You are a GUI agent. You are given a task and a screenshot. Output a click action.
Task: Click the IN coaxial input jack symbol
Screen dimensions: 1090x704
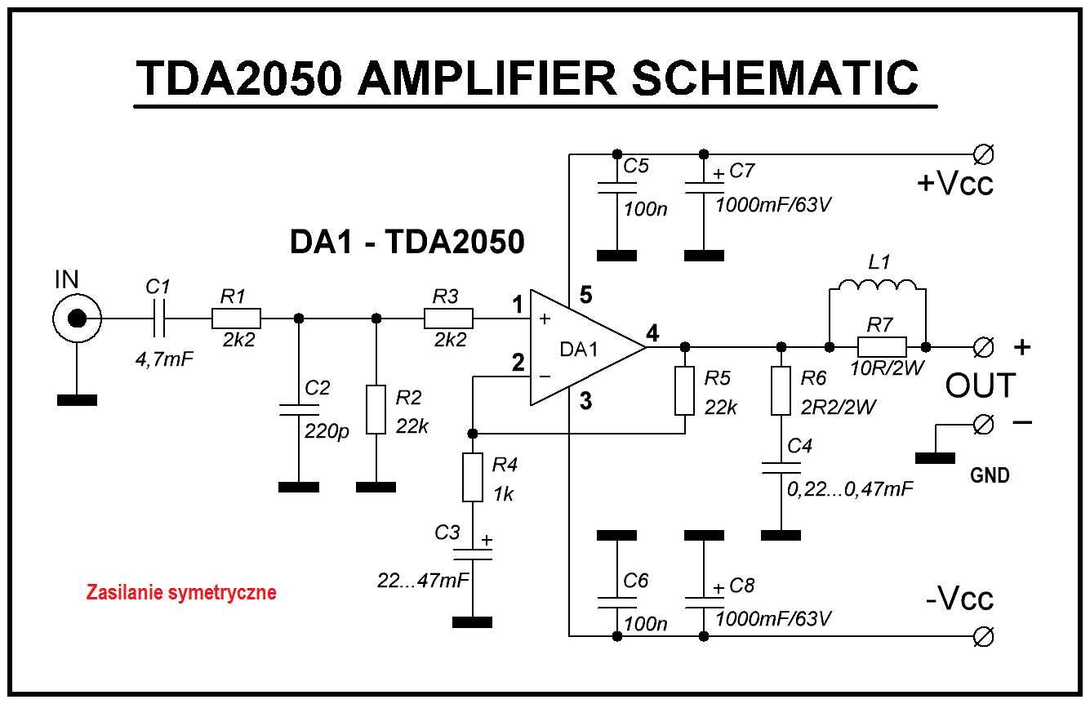(x=77, y=319)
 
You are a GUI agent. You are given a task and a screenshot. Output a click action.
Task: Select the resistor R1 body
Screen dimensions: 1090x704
(x=236, y=319)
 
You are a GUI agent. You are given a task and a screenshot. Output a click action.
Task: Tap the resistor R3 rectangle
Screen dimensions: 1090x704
(x=448, y=319)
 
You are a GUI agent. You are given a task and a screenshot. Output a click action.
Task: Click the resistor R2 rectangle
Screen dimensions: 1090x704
(x=376, y=409)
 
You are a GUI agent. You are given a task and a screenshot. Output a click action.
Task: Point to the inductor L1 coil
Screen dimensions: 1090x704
(x=878, y=285)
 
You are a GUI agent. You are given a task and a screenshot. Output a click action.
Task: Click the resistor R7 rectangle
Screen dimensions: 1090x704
(x=882, y=347)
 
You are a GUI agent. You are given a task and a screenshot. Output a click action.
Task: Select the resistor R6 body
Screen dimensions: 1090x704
(x=781, y=391)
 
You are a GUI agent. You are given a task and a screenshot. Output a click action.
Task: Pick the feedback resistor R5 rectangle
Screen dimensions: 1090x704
(x=684, y=391)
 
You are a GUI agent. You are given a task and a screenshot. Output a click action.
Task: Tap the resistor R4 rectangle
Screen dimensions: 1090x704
(x=472, y=477)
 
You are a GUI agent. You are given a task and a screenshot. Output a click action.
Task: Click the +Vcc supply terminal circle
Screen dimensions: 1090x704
(x=983, y=155)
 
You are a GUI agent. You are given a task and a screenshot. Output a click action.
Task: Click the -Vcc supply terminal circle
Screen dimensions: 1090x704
(x=983, y=636)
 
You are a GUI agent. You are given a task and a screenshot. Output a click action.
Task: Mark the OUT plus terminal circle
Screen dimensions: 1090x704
(x=983, y=347)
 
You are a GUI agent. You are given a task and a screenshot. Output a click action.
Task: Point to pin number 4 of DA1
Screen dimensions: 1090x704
(x=652, y=333)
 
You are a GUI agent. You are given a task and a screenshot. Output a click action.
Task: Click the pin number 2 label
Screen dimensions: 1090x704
(x=518, y=363)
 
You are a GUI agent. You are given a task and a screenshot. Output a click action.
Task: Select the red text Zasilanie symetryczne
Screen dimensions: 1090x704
(x=181, y=592)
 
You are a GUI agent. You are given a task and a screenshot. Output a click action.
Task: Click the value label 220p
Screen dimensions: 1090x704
(x=327, y=431)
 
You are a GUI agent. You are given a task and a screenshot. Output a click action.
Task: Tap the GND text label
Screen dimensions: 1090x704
(x=990, y=475)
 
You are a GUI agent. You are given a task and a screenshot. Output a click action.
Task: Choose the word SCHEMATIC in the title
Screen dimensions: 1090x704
(x=775, y=78)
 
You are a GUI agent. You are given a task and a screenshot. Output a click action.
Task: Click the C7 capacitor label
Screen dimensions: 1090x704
(x=741, y=171)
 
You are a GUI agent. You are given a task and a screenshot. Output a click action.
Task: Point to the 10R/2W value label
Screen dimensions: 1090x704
(x=887, y=368)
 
